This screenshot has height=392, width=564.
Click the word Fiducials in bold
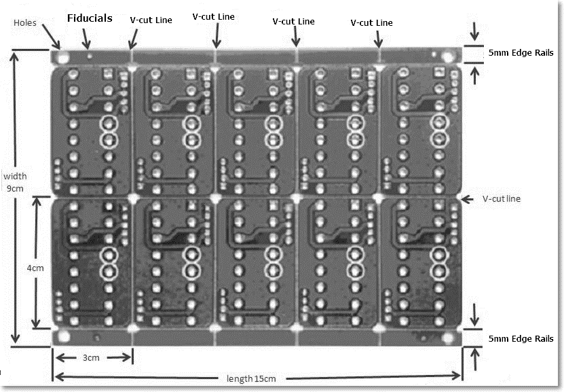coord(90,18)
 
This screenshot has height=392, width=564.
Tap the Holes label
coord(25,22)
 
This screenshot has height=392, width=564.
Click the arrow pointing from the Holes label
coord(51,36)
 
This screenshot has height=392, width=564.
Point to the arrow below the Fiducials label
coord(86,39)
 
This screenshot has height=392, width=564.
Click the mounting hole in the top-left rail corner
coord(63,57)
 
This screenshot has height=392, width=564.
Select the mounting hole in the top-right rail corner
coord(448,57)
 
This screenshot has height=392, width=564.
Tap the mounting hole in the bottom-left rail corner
coord(63,336)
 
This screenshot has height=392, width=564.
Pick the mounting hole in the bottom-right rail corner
coord(447,337)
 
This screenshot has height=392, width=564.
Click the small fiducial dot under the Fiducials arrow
coord(90,56)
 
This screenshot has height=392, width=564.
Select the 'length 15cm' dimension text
coord(251,378)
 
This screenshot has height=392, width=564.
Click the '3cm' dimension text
coord(91,358)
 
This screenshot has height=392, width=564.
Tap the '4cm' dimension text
coord(35,268)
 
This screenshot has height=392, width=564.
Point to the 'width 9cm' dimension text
coord(15,182)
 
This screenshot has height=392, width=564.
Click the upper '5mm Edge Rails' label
coord(521,53)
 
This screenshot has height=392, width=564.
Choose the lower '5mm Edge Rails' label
coord(521,339)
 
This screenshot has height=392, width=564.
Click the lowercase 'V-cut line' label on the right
coord(502,198)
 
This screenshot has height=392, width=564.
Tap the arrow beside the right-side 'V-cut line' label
coord(467,198)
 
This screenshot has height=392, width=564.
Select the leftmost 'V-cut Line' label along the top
coord(151,20)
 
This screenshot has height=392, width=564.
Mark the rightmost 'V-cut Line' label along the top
coord(371,22)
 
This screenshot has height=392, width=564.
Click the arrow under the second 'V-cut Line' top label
coord(217,36)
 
